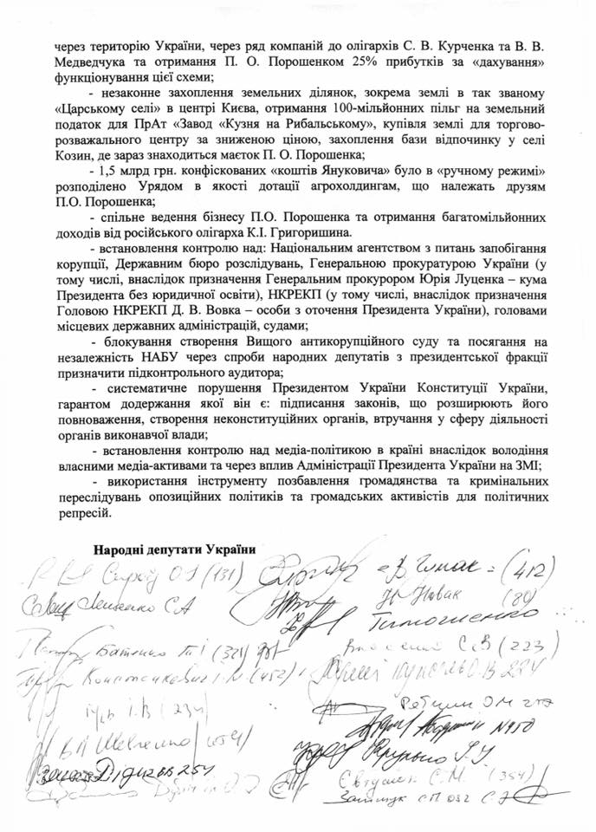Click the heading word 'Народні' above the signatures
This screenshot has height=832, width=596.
click(119, 548)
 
